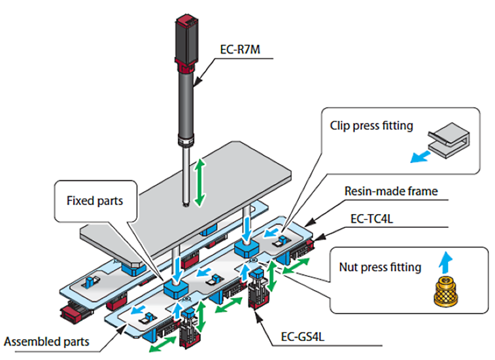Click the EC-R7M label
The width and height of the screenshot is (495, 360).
point(240,50)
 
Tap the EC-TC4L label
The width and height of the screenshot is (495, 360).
point(371,219)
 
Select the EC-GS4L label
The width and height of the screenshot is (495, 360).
point(303,337)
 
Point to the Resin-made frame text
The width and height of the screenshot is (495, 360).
point(391,191)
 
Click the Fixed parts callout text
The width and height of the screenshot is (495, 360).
point(95,201)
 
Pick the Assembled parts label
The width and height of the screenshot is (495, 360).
point(46,342)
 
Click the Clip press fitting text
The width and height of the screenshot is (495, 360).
point(371,126)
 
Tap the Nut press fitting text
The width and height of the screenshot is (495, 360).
point(380,268)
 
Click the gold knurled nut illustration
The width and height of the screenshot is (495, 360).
point(446,291)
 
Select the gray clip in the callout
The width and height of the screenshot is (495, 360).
point(449,140)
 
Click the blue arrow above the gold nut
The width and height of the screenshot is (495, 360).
point(446,262)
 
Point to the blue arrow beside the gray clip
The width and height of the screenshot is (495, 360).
point(420,156)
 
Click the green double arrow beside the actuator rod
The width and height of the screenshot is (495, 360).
point(199,183)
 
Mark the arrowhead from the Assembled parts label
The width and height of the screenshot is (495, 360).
point(122,329)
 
